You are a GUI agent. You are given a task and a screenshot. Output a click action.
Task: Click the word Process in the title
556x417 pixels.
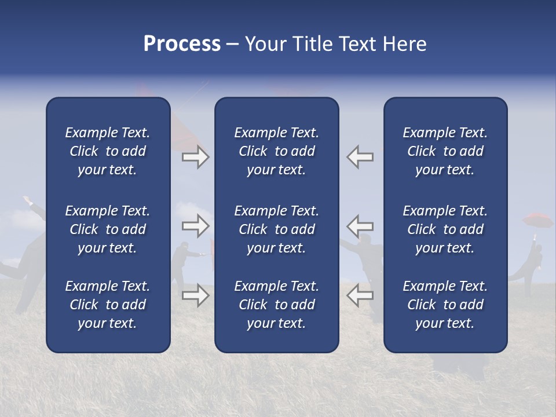(182, 44)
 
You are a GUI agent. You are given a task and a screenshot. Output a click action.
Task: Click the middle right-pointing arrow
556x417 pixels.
(196, 226)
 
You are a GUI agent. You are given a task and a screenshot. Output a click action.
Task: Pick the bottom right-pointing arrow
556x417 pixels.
(196, 296)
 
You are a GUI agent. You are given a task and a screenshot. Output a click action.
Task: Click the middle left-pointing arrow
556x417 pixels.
(360, 226)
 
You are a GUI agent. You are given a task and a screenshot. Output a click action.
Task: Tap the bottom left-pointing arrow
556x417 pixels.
(360, 296)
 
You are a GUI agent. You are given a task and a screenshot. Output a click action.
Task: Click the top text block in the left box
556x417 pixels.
(108, 151)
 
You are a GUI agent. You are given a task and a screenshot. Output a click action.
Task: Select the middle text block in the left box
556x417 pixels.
(108, 229)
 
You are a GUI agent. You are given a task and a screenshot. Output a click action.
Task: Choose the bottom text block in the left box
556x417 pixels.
(108, 305)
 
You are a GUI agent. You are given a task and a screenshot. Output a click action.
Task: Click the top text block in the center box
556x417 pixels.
(277, 151)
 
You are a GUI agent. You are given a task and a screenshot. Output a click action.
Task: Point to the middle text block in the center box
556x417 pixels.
(277, 229)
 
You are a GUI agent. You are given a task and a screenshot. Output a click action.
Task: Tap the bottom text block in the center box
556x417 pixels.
(277, 305)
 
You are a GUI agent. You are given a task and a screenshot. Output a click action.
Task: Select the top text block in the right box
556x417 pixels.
(445, 151)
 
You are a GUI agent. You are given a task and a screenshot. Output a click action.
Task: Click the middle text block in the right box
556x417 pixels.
(445, 229)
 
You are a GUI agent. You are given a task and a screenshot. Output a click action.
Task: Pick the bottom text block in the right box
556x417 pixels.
(445, 305)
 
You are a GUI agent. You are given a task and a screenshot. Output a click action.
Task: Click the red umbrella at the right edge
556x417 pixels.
(538, 221)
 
